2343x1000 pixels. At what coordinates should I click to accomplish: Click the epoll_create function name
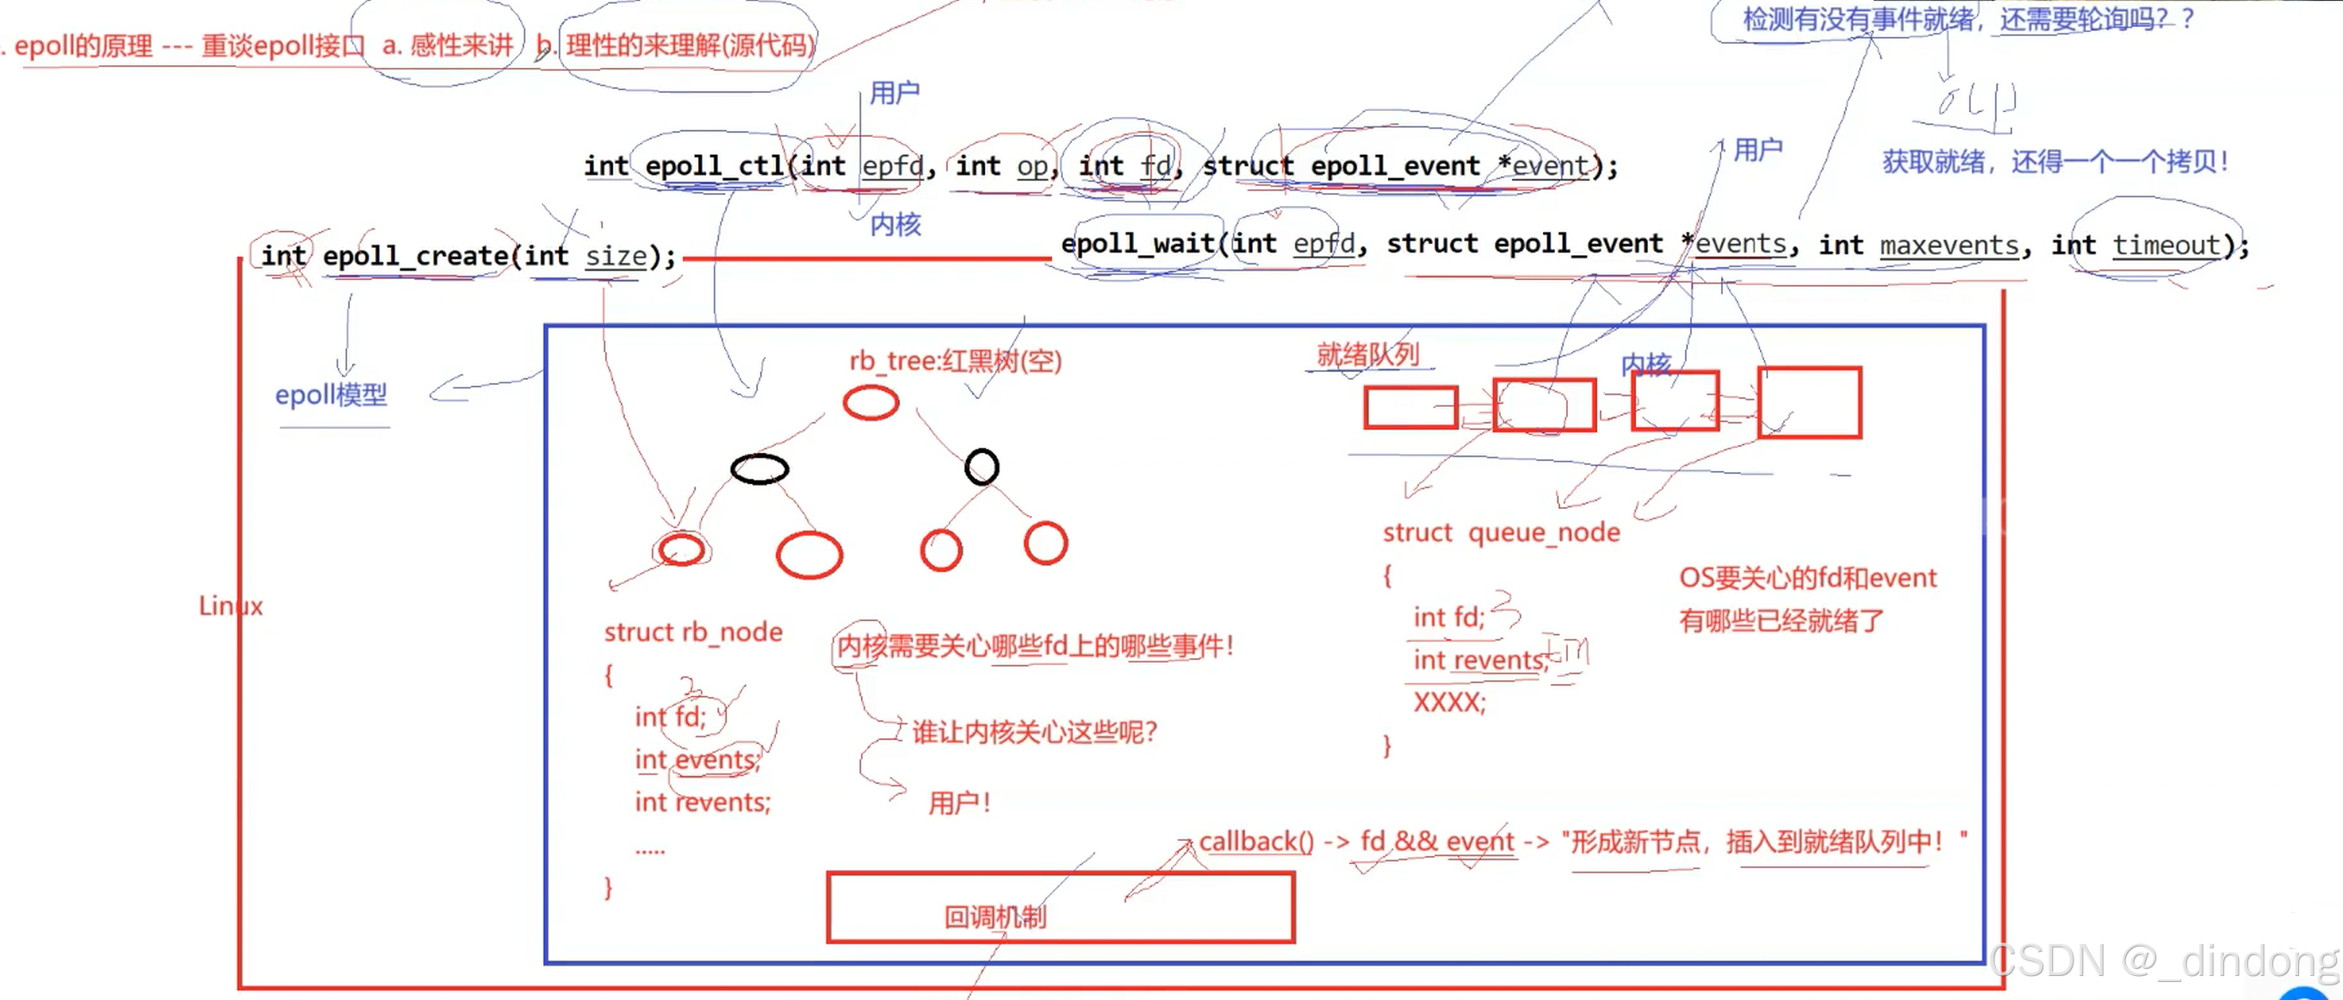point(415,256)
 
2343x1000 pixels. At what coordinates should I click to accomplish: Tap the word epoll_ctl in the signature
point(714,165)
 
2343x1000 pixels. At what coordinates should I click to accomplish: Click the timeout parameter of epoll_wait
point(2166,245)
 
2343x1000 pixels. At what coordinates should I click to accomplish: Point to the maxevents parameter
point(1949,245)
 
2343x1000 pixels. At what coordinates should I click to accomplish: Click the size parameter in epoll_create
point(616,256)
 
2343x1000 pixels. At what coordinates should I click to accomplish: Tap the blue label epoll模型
point(331,394)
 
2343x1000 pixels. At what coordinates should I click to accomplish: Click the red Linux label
point(230,606)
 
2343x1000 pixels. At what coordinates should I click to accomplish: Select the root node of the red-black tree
point(871,402)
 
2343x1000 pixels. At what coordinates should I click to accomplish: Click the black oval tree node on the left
point(759,469)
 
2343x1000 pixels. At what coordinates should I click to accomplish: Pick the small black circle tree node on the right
point(982,467)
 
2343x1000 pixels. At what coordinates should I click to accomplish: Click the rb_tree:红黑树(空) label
point(955,361)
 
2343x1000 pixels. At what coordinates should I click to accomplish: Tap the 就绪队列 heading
point(1367,355)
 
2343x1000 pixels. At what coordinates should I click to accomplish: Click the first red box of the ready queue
point(1410,407)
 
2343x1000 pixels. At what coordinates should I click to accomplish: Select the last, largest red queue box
point(1809,403)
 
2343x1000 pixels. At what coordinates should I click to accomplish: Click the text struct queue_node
point(1501,532)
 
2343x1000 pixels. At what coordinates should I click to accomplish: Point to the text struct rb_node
point(693,631)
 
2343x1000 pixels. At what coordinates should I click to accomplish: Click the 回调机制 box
point(1060,907)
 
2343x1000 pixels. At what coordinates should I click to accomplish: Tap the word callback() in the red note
point(1256,842)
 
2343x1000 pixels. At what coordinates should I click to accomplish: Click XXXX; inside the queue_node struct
point(1449,703)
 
